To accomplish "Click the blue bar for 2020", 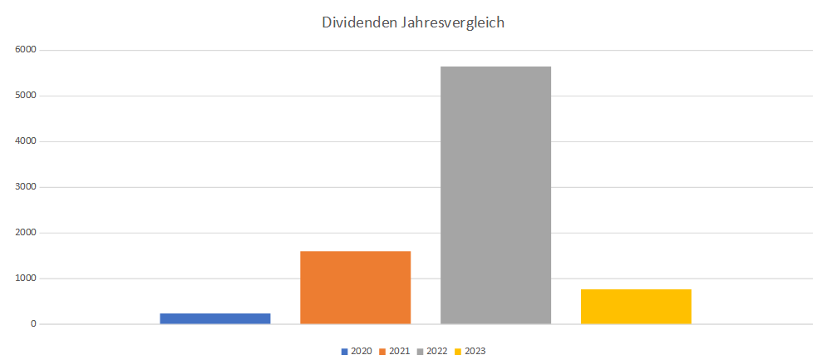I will (x=215, y=318).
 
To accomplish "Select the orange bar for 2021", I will (x=355, y=287).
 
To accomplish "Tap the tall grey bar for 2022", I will (x=495, y=195).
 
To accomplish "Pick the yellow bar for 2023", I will (x=636, y=306).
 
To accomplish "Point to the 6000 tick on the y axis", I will (x=24, y=50).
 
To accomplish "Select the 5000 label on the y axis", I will (x=24, y=96).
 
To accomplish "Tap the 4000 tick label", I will (x=24, y=141).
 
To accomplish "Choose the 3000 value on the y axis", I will (x=24, y=187).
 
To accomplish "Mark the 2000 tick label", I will (x=24, y=233).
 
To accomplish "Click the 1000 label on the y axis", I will (x=24, y=279).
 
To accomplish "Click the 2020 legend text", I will (x=362, y=351).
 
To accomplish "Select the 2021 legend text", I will (x=400, y=351).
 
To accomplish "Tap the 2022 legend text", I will (x=437, y=351).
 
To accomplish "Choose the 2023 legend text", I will (x=475, y=351).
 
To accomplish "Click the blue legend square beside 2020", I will (x=345, y=352).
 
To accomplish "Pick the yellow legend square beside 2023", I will (x=459, y=352).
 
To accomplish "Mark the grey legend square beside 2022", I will (x=421, y=352).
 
